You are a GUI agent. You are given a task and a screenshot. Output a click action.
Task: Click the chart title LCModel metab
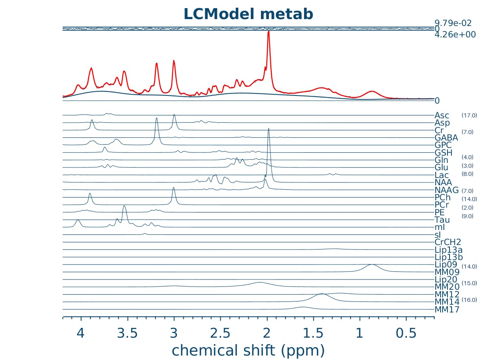(x=248, y=14)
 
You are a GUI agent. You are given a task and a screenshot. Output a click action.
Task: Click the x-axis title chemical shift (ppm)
(x=248, y=350)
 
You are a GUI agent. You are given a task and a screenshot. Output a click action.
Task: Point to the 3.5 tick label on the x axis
(x=127, y=334)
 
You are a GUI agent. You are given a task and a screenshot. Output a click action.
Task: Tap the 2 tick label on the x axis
(x=267, y=334)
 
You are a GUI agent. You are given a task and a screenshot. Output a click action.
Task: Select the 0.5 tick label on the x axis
(x=406, y=334)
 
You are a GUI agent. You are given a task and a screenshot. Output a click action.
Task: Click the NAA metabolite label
(x=444, y=182)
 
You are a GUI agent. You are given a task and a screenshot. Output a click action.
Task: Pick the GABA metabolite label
(x=446, y=137)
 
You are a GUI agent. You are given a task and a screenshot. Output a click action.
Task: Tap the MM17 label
(x=447, y=310)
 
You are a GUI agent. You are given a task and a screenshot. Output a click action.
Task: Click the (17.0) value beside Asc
(x=469, y=116)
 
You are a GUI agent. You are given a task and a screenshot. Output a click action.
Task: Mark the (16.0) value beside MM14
(x=469, y=300)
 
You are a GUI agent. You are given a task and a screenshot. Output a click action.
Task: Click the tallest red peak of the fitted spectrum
(x=268, y=32)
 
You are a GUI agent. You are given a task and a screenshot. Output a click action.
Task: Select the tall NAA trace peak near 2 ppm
(x=269, y=129)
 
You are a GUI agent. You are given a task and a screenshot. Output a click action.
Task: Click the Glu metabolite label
(x=443, y=167)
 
